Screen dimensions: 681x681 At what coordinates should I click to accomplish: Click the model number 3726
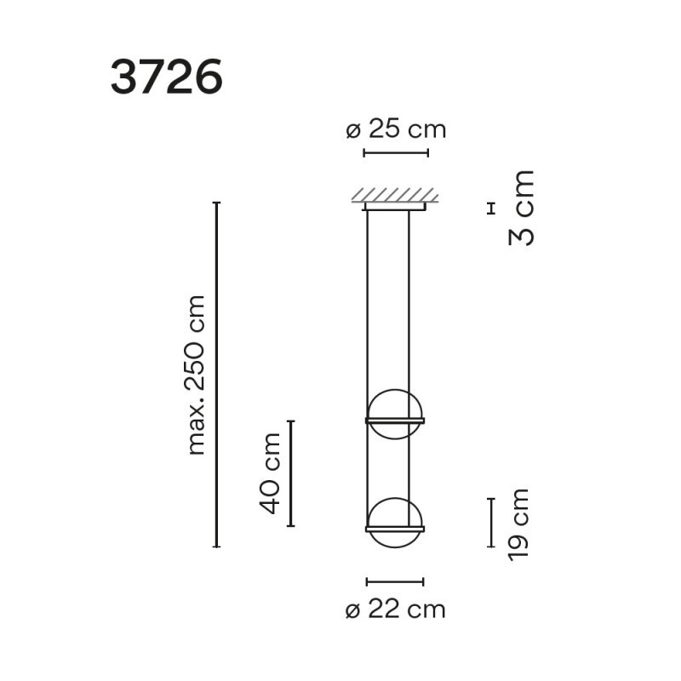click(166, 77)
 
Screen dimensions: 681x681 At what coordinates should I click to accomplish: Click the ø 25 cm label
click(396, 130)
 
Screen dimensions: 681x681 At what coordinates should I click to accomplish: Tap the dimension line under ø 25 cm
click(396, 153)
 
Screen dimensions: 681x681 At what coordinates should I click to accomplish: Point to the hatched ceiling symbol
click(395, 195)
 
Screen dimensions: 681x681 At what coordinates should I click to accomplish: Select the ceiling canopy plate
click(395, 206)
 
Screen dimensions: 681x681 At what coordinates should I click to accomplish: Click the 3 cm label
click(522, 209)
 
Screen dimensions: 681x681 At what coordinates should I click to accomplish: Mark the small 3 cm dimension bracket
click(489, 207)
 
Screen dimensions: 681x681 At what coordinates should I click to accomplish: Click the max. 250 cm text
click(197, 375)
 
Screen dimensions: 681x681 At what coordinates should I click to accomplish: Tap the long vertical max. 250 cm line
click(217, 375)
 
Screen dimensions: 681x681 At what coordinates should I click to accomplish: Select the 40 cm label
click(270, 473)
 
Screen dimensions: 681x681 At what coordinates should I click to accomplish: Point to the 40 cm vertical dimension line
click(290, 473)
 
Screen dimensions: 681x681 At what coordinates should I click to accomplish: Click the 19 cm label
click(518, 524)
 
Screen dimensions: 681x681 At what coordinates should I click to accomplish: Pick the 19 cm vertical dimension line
click(491, 523)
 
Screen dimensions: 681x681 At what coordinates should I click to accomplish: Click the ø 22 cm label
click(396, 609)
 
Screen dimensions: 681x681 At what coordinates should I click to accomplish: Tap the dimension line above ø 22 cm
click(395, 582)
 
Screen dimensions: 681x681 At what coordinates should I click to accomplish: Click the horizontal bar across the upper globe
click(395, 421)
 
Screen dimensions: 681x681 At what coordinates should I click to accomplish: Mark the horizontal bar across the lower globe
click(395, 529)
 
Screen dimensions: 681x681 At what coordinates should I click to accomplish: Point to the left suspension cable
click(368, 306)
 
